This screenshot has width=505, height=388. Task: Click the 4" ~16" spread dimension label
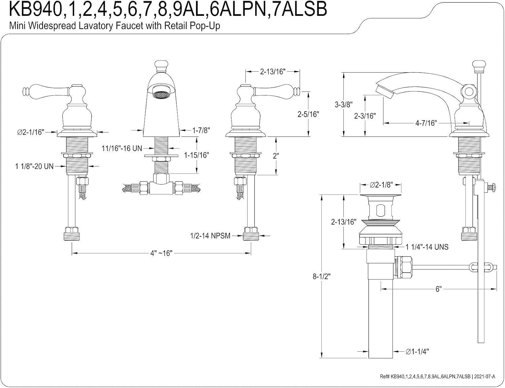pyautogui.click(x=161, y=253)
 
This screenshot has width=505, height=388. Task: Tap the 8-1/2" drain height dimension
pyautogui.click(x=322, y=276)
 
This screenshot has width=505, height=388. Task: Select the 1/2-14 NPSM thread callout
pyautogui.click(x=210, y=236)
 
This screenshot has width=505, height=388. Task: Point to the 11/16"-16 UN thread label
pyautogui.click(x=122, y=148)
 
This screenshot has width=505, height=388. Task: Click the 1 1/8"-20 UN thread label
pyautogui.click(x=34, y=166)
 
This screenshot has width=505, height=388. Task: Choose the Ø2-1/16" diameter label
pyautogui.click(x=31, y=132)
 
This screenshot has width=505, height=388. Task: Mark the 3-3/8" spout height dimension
pyautogui.click(x=343, y=105)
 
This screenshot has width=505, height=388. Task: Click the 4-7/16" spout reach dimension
pyautogui.click(x=426, y=123)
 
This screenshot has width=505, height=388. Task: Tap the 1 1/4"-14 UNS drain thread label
pyautogui.click(x=427, y=247)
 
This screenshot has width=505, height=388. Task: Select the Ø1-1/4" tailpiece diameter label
pyautogui.click(x=417, y=352)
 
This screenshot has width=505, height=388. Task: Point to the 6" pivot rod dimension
pyautogui.click(x=438, y=289)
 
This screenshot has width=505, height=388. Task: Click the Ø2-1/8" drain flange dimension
pyautogui.click(x=381, y=185)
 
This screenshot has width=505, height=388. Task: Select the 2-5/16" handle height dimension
pyautogui.click(x=308, y=114)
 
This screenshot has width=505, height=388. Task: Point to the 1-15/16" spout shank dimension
pyautogui.click(x=196, y=155)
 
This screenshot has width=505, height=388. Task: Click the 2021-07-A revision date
pyautogui.click(x=484, y=377)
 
